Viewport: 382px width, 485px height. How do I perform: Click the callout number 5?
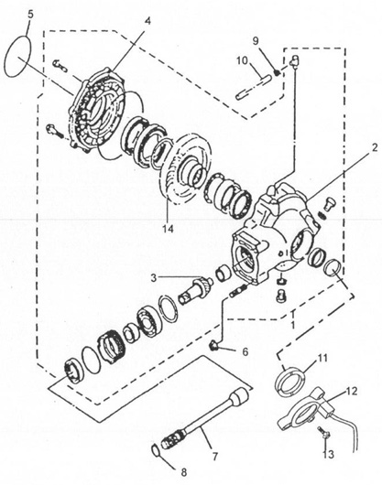(x=28, y=14)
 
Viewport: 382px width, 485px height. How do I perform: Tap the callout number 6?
(x=245, y=351)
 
